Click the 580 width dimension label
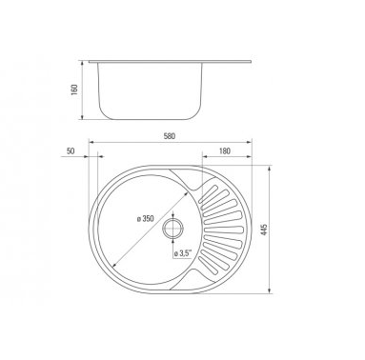coord(170,136)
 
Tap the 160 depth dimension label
coord(74,90)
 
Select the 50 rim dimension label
coord(71,151)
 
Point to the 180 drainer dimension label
coord(225,151)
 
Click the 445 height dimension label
coord(264,230)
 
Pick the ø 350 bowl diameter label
coord(145,219)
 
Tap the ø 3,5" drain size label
coord(183,253)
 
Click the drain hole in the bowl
coord(173,228)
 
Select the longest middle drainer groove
coord(224,230)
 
